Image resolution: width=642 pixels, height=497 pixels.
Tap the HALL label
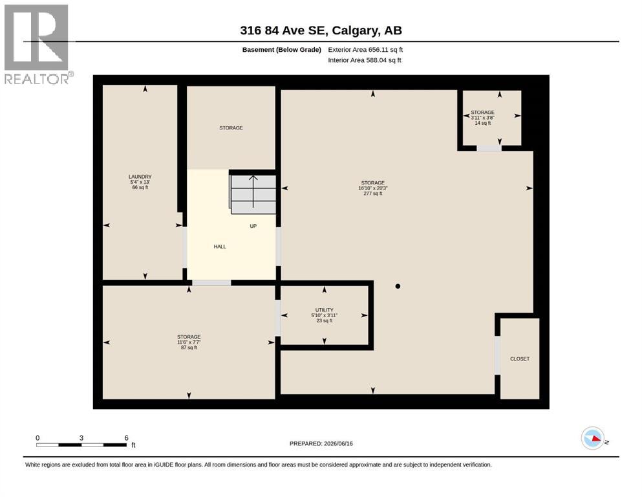point(220,247)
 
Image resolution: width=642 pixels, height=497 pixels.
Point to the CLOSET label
point(520,359)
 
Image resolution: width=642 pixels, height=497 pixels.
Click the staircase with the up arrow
point(253,194)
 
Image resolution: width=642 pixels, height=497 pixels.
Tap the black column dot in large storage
point(398,287)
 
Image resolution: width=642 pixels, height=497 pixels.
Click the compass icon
point(593,438)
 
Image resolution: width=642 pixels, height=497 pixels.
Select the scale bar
point(81,442)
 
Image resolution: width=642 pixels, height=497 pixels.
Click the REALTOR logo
point(37,44)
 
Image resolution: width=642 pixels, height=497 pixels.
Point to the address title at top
point(321,30)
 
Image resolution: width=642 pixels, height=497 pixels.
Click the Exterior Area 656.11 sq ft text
point(365,50)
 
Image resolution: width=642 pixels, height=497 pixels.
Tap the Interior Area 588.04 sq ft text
point(365,60)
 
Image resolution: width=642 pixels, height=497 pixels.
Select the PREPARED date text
point(321,444)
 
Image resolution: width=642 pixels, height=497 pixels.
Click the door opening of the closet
point(497,355)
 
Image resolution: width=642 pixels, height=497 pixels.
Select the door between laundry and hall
point(185,247)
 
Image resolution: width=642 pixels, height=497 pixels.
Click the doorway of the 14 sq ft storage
point(489,148)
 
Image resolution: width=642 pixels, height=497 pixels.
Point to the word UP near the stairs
point(253,226)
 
